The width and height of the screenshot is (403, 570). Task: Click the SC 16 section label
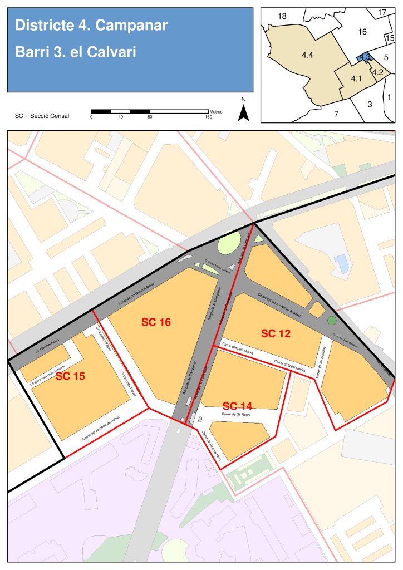click(x=156, y=322)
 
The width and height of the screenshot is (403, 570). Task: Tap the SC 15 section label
click(x=70, y=376)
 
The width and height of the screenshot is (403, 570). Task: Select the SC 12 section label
click(x=276, y=333)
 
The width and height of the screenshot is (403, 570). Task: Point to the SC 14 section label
click(x=238, y=406)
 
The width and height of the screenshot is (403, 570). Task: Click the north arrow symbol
click(x=243, y=111)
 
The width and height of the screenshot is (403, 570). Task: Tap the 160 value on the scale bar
click(x=209, y=117)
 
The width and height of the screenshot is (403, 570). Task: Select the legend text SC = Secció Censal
click(x=42, y=116)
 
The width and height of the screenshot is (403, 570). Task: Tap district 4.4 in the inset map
click(x=307, y=55)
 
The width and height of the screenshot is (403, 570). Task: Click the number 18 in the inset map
click(x=282, y=16)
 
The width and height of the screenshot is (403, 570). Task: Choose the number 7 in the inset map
click(x=336, y=114)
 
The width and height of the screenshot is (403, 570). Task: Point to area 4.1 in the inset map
click(x=356, y=79)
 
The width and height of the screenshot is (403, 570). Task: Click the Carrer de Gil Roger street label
click(x=235, y=415)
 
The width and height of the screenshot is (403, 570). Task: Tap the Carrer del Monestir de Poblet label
click(x=101, y=429)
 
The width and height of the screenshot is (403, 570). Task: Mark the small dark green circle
click(x=332, y=320)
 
